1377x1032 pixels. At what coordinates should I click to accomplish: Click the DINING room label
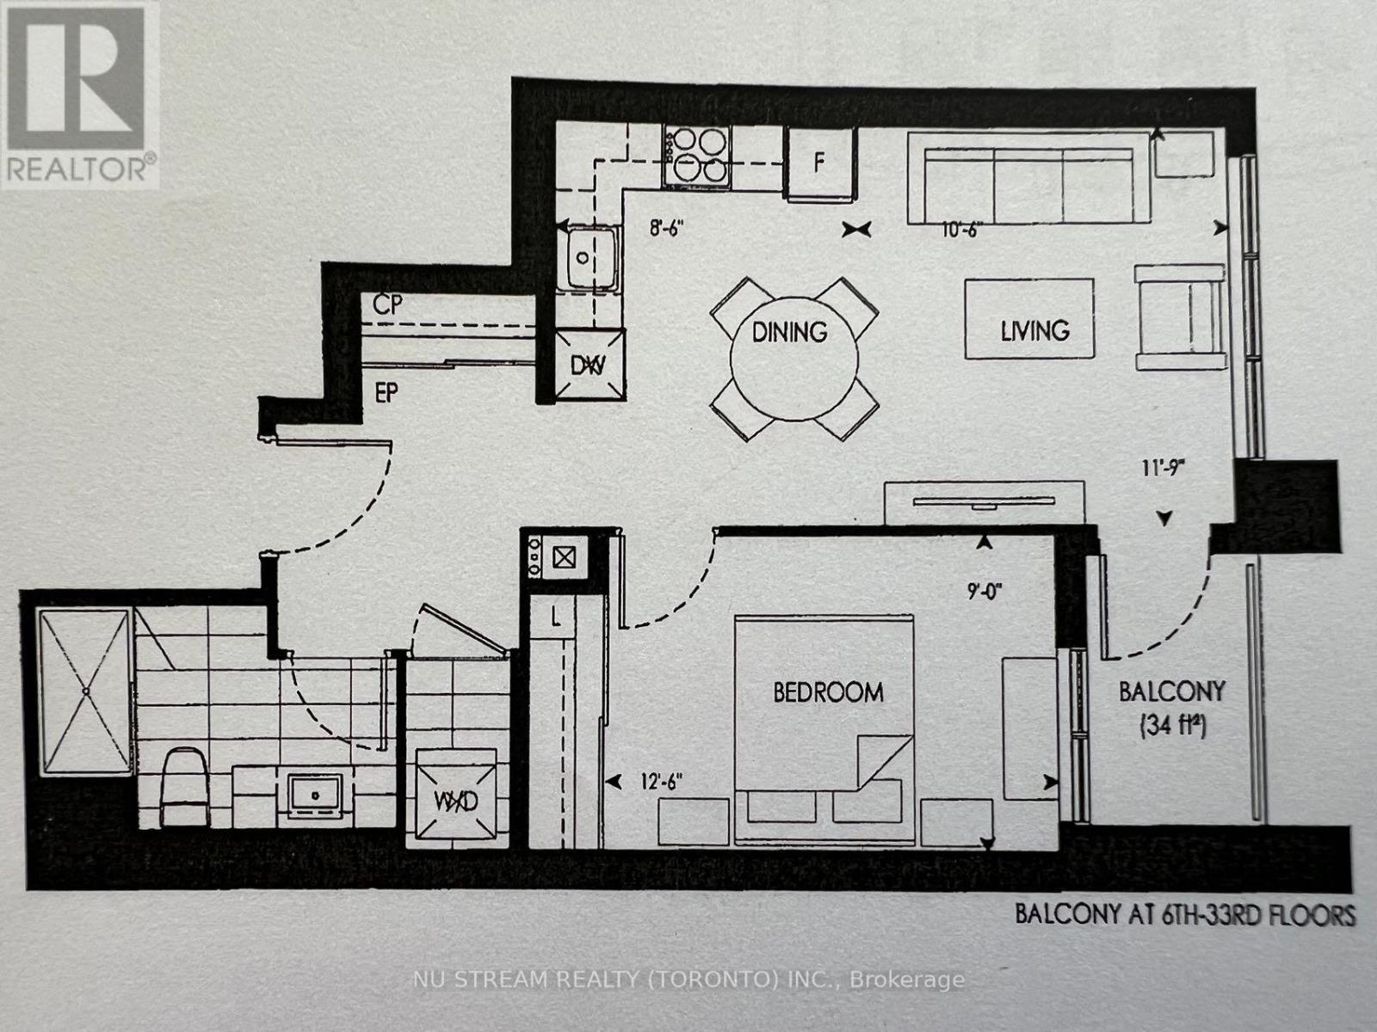click(x=789, y=331)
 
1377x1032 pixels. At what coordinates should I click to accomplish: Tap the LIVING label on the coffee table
click(x=1034, y=330)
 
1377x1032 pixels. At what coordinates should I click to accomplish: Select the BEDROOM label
click(x=828, y=692)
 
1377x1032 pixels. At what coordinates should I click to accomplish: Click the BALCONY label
click(x=1171, y=691)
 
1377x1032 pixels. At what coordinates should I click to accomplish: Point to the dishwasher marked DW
click(x=589, y=365)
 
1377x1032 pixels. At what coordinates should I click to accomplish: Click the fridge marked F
click(x=820, y=163)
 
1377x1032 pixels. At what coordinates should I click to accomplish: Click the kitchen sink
click(x=586, y=257)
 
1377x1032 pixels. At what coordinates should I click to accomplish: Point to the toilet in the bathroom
click(x=184, y=787)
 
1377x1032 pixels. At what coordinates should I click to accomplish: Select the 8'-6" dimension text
click(x=671, y=230)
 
